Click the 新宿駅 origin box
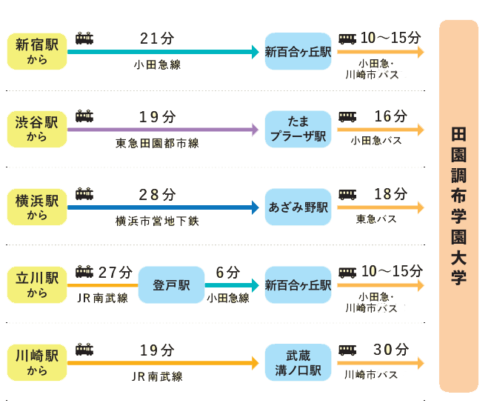[x=36, y=51]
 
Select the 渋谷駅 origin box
[x=36, y=129]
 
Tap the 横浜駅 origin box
[x=36, y=207]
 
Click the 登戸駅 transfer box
[x=171, y=285]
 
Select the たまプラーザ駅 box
[x=298, y=129]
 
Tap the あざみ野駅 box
[x=298, y=207]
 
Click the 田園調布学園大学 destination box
[x=458, y=206]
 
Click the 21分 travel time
[x=157, y=39]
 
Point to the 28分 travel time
[x=157, y=195]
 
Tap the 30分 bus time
[x=390, y=350]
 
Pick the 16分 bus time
[x=390, y=116]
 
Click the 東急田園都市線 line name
[x=158, y=143]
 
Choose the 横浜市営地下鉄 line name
[x=157, y=221]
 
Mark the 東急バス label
[x=376, y=219]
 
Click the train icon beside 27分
[x=84, y=273]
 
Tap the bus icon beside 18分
[x=347, y=195]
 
